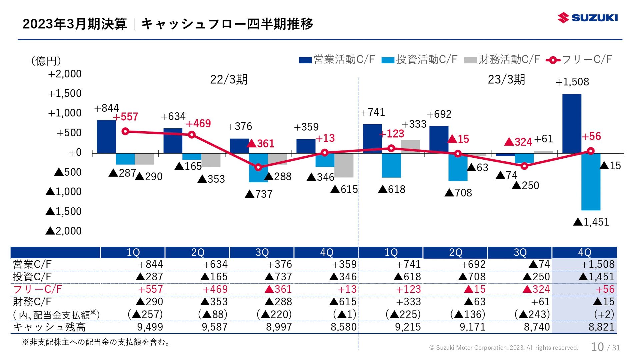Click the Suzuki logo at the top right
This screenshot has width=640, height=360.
[x=587, y=18]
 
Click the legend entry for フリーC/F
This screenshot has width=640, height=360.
[x=579, y=60]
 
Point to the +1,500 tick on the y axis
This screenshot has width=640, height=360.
[x=65, y=93]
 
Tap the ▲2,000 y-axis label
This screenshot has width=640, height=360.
[x=64, y=231]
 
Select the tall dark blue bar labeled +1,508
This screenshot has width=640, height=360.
[x=572, y=123]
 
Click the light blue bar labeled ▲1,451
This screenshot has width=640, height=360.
[x=591, y=182]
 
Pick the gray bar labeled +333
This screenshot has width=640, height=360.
[x=410, y=146]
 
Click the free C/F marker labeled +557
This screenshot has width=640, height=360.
[x=125, y=131]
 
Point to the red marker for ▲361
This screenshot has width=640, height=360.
[x=258, y=167]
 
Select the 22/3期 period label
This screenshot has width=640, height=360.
[x=229, y=80]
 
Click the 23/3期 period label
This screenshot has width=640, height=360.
[x=506, y=80]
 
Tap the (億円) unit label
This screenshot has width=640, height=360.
[x=46, y=61]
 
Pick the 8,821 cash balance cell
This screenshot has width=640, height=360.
[x=601, y=327]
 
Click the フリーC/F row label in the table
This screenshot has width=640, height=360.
[x=37, y=289]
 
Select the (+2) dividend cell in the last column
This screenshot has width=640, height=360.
[x=604, y=314]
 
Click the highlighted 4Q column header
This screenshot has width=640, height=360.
[x=584, y=252]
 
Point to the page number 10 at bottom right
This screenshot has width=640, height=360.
[x=597, y=347]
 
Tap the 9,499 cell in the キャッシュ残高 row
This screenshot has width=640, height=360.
[x=150, y=327]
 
